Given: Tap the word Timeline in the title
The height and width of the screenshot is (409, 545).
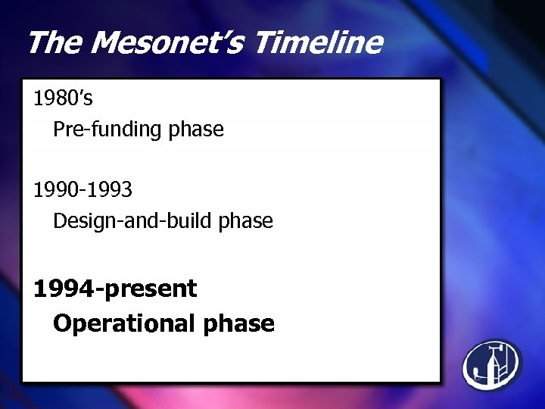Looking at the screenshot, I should [318, 43].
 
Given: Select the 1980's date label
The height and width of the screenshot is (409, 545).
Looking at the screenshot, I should [63, 98].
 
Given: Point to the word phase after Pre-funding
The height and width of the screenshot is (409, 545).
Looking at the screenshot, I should [196, 130].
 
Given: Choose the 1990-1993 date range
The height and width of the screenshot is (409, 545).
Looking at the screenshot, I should [83, 189].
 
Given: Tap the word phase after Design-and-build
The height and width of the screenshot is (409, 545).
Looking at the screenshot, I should [245, 221].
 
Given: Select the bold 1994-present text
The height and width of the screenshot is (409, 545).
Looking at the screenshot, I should [115, 289].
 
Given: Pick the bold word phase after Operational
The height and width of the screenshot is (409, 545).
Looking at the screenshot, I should [238, 324].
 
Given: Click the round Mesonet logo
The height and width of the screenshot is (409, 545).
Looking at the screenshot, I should [492, 365].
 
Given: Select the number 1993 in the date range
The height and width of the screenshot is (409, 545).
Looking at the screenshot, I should [111, 189].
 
